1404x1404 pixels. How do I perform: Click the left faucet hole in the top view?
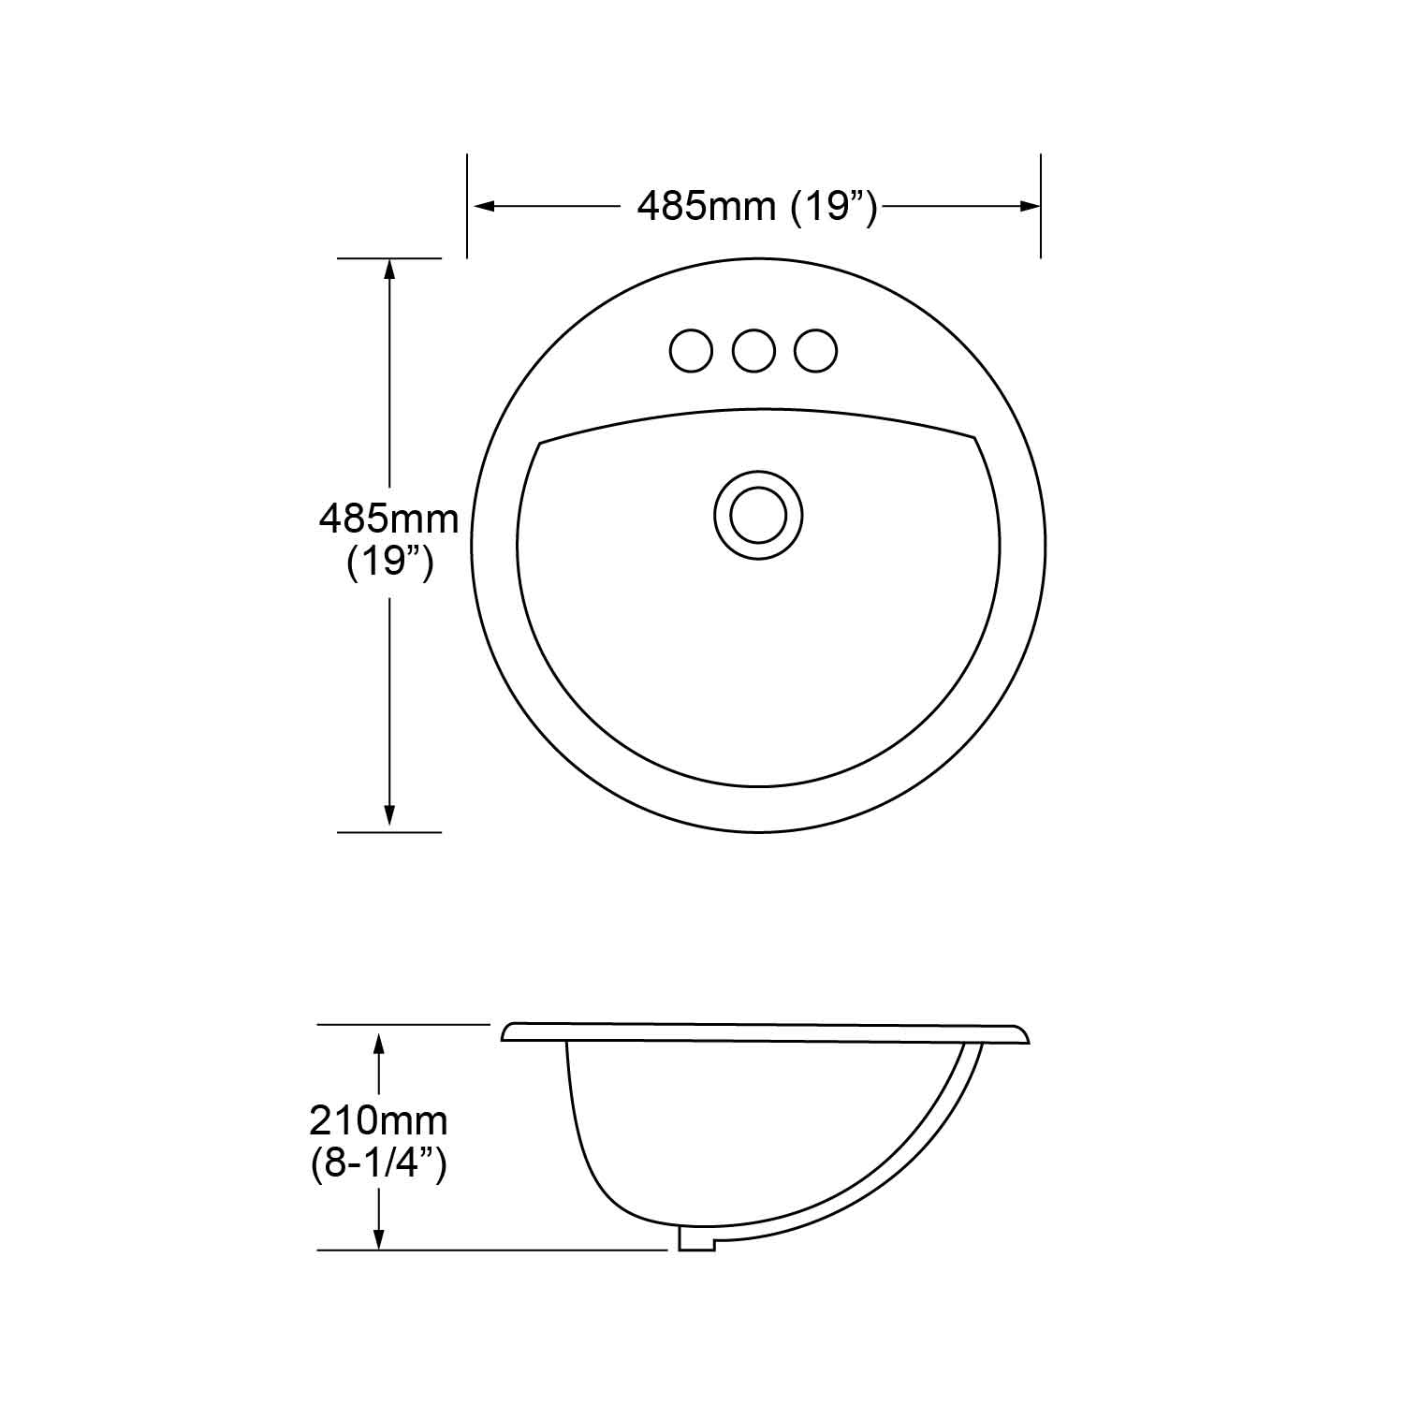point(691,351)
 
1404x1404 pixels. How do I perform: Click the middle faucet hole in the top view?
point(753,351)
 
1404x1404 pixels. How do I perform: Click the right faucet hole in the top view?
point(815,351)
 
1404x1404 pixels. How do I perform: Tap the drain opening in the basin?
point(758,515)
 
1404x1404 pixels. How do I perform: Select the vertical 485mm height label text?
point(389,519)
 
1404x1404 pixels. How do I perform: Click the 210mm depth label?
point(378,1119)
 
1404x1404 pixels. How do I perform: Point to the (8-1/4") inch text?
point(378,1164)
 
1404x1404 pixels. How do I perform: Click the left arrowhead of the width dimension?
point(483,206)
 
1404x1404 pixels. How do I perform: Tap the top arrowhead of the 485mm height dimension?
point(389,270)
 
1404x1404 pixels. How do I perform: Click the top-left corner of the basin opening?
point(541,442)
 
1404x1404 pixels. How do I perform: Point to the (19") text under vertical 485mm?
point(389,563)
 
